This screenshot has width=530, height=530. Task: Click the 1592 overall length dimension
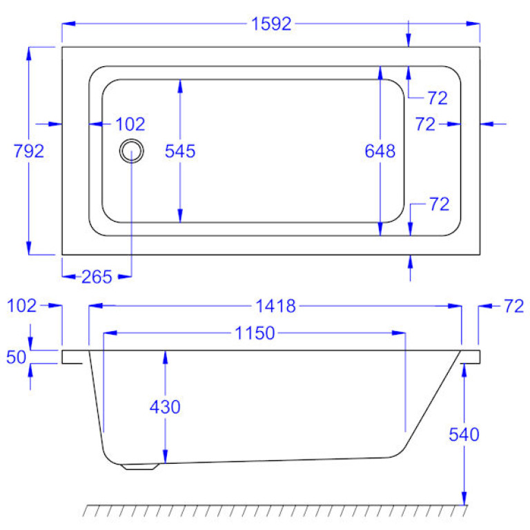click(x=271, y=24)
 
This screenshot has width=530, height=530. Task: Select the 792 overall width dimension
click(x=29, y=151)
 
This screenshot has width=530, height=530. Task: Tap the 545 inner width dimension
click(x=180, y=151)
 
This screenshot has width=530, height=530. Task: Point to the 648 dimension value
click(x=380, y=151)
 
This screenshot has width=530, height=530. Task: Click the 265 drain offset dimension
click(x=97, y=277)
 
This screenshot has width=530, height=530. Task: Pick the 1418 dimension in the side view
click(x=275, y=306)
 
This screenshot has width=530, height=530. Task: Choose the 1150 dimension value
click(x=255, y=333)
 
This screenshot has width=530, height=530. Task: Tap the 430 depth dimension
click(x=165, y=407)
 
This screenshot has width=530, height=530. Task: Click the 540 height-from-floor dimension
click(x=464, y=435)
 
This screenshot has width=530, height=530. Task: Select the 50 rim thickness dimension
click(x=16, y=357)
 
